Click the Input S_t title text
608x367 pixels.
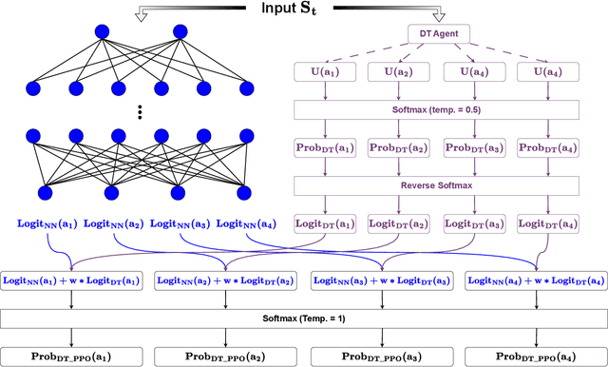(x=303, y=9)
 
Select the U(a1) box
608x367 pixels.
(x=326, y=70)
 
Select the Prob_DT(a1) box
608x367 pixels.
(x=326, y=147)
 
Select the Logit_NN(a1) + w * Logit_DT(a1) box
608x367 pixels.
(x=73, y=280)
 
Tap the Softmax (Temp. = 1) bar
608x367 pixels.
(x=303, y=318)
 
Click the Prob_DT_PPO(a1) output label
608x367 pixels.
(x=73, y=356)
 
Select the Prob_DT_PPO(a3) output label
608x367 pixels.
(x=380, y=356)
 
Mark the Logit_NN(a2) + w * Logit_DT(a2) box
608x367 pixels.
(x=226, y=280)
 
